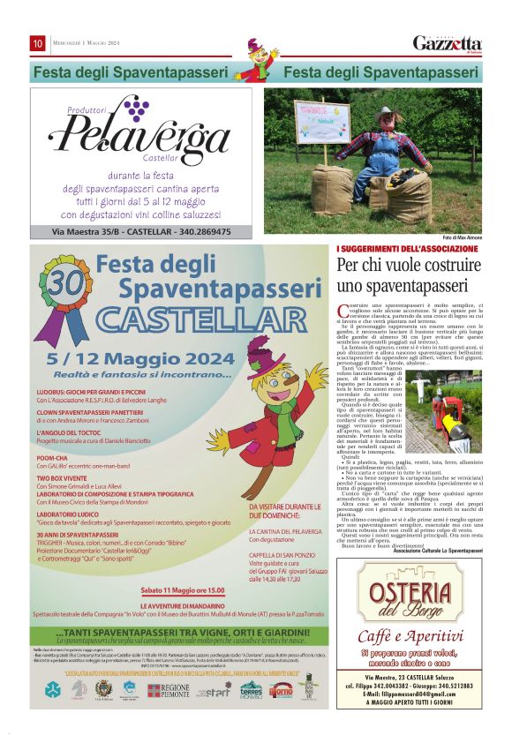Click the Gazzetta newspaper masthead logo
[448, 43]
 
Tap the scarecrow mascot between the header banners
[256, 59]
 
